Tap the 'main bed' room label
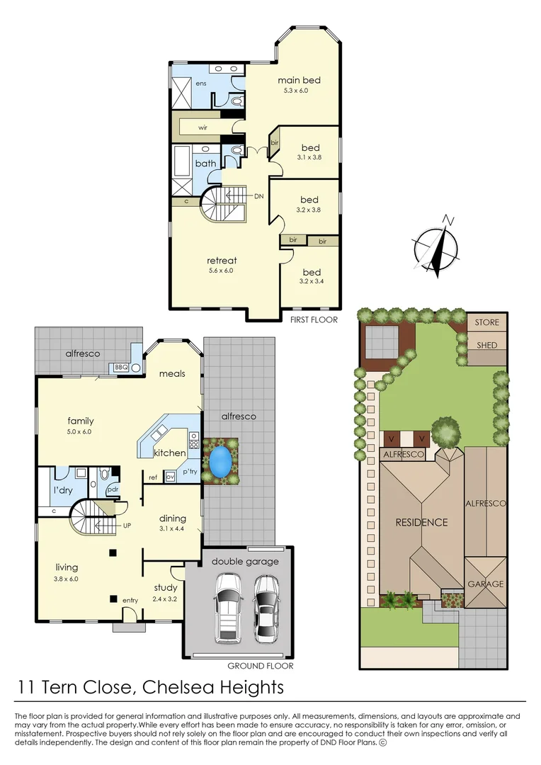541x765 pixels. pos(299,80)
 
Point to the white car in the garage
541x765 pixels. pos(229,606)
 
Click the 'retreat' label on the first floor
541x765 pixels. pos(222,260)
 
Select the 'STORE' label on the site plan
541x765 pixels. pos(486,322)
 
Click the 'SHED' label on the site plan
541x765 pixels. pos(486,345)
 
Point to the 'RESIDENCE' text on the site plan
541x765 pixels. pos(421,523)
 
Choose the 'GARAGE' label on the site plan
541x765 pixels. pos(485,584)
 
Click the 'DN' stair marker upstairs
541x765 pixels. pos(259,195)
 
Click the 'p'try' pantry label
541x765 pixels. pos(190,470)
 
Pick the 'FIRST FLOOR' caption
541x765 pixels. pos(314,319)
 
